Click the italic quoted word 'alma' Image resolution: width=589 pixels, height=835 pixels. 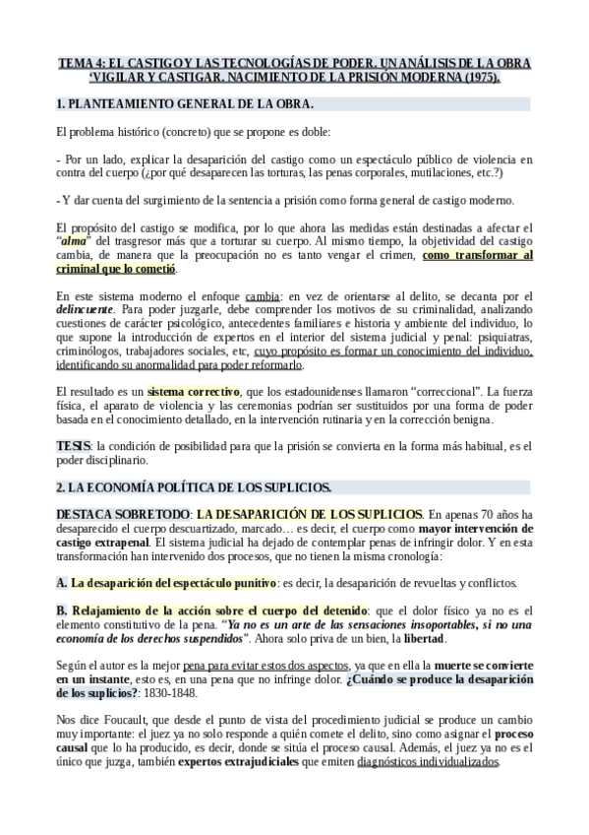pos(74,241)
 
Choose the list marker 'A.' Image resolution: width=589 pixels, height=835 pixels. pos(62,583)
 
